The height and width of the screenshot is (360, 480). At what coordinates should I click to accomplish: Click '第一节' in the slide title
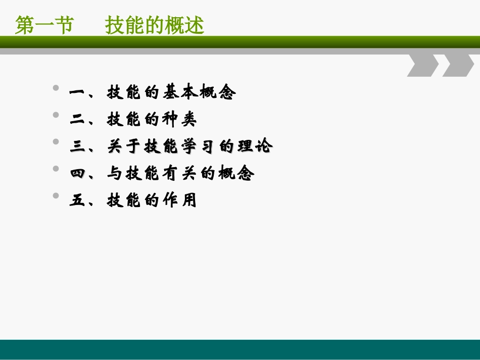[x=44, y=25]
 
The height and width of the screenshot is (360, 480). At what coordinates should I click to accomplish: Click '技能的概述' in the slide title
[x=155, y=25]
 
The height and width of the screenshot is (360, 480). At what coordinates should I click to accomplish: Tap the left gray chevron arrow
[x=422, y=65]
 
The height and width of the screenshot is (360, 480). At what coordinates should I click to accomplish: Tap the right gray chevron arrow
[x=458, y=65]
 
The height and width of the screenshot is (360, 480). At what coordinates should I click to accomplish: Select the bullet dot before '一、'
[x=56, y=88]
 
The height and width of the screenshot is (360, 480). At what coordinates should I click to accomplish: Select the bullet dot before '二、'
[x=56, y=115]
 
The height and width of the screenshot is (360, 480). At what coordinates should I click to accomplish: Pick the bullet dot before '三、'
[x=56, y=142]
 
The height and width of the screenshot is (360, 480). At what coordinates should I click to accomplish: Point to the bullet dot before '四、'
[x=56, y=169]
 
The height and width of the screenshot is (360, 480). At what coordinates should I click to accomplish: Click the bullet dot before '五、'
[x=56, y=196]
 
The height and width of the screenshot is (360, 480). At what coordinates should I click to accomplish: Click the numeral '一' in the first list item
[x=77, y=93]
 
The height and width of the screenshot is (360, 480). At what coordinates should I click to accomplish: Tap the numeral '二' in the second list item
[x=77, y=120]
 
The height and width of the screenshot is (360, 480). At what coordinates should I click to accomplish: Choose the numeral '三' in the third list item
[x=77, y=147]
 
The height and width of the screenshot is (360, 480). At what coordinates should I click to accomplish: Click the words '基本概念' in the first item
[x=199, y=93]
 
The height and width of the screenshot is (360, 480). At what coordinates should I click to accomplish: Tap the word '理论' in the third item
[x=255, y=147]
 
